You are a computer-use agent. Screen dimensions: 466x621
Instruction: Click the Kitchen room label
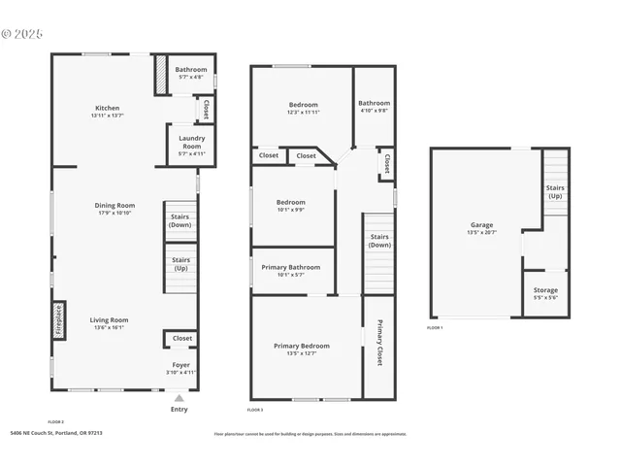pyautogui.click(x=107, y=108)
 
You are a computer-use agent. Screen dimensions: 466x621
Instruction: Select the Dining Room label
pyautogui.click(x=114, y=205)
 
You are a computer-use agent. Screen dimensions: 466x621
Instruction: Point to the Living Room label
pyautogui.click(x=110, y=319)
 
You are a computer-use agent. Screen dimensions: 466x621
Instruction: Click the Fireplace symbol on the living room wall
pyautogui.click(x=58, y=319)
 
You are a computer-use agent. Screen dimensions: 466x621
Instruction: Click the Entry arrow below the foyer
pyautogui.click(x=179, y=397)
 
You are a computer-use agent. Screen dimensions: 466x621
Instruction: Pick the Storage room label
pyautogui.click(x=545, y=290)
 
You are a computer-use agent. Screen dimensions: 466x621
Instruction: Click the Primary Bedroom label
pyautogui.click(x=301, y=346)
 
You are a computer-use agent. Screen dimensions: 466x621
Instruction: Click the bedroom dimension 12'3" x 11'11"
pyautogui.click(x=303, y=113)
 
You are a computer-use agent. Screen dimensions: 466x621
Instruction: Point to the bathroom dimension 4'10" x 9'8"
pyautogui.click(x=374, y=111)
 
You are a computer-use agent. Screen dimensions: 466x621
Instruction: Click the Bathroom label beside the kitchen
pyautogui.click(x=190, y=69)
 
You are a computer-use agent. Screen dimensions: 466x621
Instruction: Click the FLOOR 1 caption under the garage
pyautogui.click(x=435, y=328)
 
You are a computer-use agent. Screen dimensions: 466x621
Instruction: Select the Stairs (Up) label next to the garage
pyautogui.click(x=555, y=191)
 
